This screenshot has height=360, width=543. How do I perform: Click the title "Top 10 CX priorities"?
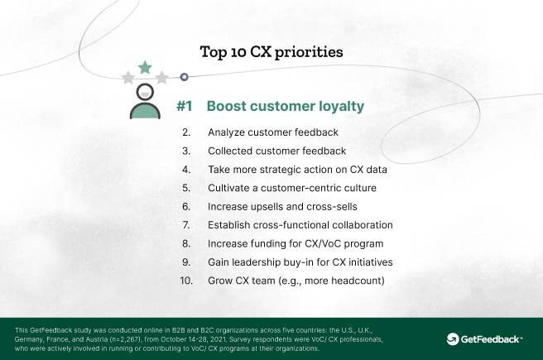(x=271, y=52)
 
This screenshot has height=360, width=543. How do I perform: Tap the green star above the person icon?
(x=145, y=67)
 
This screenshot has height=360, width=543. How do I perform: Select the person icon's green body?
(x=145, y=111)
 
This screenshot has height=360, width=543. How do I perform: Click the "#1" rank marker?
(x=185, y=106)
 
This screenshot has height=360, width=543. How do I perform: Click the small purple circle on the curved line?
(x=185, y=77)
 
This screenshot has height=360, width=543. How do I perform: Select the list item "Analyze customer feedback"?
(x=273, y=132)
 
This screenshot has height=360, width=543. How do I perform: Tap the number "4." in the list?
(x=186, y=170)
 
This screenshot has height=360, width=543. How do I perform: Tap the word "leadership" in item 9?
(x=256, y=262)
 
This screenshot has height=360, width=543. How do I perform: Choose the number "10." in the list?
(x=186, y=281)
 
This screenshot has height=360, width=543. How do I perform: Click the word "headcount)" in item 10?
(x=358, y=281)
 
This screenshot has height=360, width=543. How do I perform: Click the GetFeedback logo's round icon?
(x=453, y=339)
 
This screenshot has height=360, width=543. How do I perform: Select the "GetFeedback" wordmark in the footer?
(x=490, y=339)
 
